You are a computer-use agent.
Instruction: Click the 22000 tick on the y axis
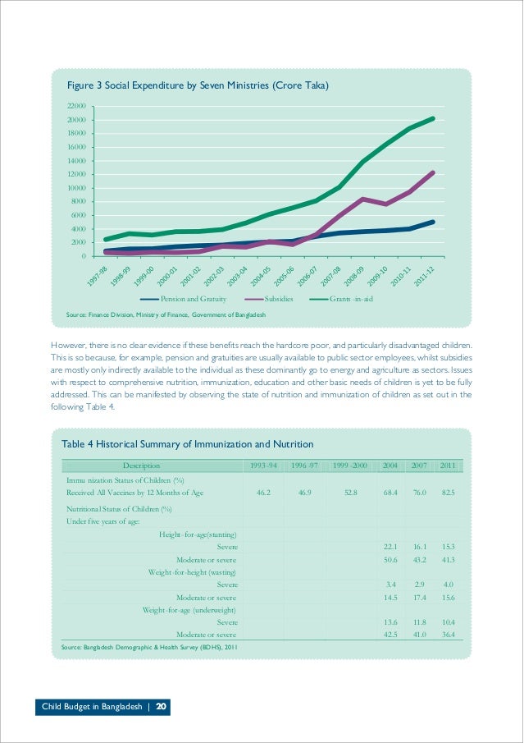[x=76, y=107]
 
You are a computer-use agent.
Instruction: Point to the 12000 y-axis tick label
[x=76, y=175]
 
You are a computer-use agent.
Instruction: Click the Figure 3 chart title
[x=198, y=85]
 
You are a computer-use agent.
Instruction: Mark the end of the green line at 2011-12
[x=432, y=118]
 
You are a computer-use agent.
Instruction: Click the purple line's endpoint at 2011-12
[x=432, y=172]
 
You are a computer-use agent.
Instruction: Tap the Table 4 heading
[x=188, y=444]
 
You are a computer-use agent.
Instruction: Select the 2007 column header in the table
[x=419, y=466]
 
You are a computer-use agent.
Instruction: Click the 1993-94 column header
[x=264, y=466]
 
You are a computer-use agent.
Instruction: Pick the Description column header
[x=141, y=466]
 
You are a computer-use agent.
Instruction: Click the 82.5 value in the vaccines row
[x=448, y=493]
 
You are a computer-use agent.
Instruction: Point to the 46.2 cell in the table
[x=264, y=493]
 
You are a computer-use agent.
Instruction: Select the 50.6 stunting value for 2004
[x=390, y=559]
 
